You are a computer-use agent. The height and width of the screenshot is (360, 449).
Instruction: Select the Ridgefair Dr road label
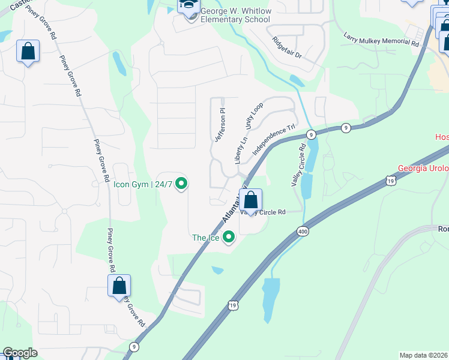(x=287, y=47)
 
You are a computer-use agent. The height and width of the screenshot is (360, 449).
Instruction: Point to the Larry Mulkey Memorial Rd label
(x=381, y=40)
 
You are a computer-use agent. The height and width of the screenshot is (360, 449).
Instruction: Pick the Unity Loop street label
(x=254, y=115)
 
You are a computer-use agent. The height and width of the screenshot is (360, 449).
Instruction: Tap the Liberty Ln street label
(x=241, y=150)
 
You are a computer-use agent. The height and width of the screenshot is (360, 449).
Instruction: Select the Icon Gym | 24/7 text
(x=143, y=184)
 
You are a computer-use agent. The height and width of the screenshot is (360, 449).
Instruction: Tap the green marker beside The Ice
(x=228, y=238)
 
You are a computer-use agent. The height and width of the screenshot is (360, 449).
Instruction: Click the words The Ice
(x=206, y=238)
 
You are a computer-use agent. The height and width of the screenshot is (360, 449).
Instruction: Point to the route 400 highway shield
(x=302, y=231)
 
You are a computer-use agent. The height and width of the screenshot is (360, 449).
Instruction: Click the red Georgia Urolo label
(x=423, y=169)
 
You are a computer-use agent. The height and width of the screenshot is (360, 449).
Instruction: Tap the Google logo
(x=20, y=353)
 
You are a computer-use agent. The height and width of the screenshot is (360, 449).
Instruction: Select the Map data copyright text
(x=424, y=355)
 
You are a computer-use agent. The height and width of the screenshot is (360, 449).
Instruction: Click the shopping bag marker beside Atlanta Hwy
(x=252, y=199)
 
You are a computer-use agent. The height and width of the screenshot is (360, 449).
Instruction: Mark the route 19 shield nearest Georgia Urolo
(x=391, y=181)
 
